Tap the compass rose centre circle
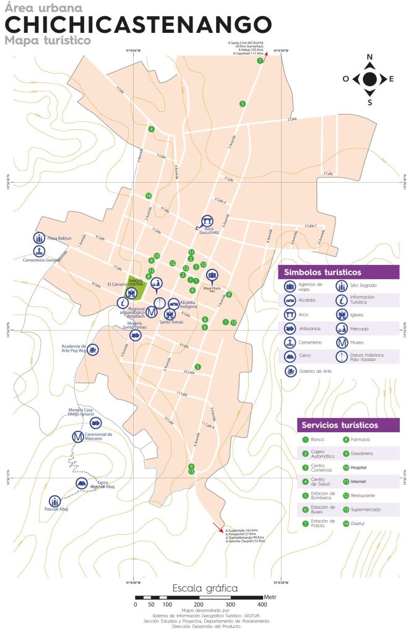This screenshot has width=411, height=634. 370,79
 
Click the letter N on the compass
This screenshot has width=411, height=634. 370,58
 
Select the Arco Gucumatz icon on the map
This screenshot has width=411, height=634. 208,220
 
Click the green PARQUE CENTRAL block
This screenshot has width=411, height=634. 136,285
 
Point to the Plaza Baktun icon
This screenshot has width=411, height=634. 39,238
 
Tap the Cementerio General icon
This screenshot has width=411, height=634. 39,251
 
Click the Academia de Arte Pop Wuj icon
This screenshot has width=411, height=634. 92,350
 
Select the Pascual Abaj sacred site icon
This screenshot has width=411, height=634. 56,500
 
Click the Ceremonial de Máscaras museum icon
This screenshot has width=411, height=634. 77,437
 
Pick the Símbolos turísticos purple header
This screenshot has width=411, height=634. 339,272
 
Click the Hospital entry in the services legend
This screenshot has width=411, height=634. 360,467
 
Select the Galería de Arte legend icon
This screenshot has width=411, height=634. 290,371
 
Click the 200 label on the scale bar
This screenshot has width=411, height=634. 198,604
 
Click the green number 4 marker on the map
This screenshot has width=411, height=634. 151,129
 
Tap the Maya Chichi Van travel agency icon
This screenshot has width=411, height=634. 212,274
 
